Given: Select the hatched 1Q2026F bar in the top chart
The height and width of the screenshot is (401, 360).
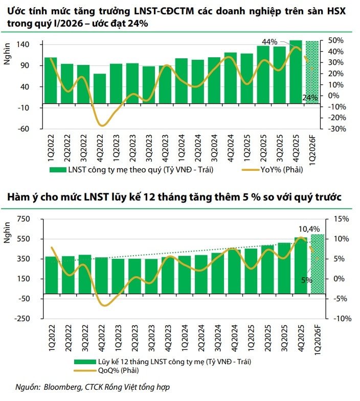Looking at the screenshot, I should pos(312,72).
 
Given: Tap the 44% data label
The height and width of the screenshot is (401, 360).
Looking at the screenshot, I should pos(269,42).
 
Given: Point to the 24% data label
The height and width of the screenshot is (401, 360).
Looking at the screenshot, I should pos(310,97).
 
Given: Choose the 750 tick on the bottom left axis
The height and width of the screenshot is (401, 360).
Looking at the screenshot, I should pos(24,219).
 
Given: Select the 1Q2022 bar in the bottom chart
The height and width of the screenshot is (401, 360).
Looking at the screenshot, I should pos(52,275).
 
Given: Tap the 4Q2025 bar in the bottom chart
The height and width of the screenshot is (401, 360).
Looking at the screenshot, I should pos(300,265).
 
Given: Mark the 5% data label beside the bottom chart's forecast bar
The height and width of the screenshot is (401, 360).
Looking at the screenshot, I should pos(306,280).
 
